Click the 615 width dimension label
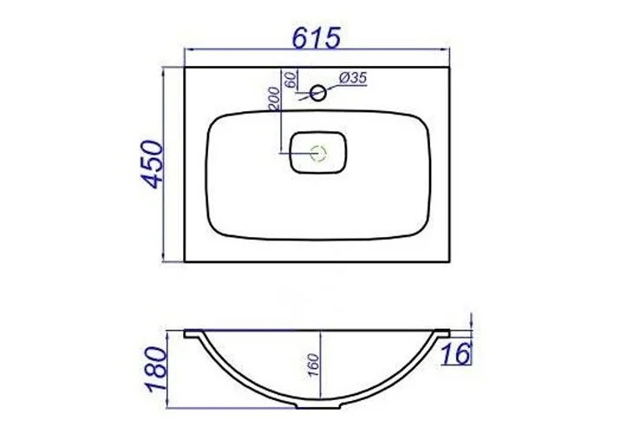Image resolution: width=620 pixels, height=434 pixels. coord(316,38)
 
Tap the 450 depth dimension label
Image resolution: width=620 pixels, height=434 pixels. coord(153,164)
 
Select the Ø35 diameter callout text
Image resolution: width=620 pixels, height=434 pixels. coord(354,78)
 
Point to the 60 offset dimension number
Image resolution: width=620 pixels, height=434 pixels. coord(290,80)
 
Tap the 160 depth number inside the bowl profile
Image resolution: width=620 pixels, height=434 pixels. coord(312,365)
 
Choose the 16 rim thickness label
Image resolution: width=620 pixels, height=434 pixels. coord(456,353)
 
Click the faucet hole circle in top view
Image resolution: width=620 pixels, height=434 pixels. coord(318,94)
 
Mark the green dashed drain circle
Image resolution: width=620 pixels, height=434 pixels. coord(318,153)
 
